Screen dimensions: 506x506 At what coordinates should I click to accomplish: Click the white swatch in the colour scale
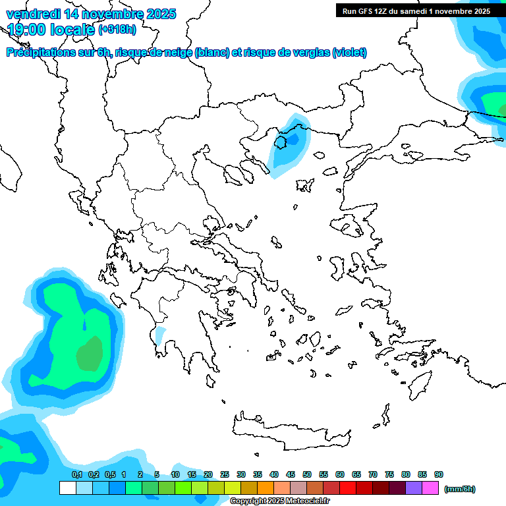click(68, 488)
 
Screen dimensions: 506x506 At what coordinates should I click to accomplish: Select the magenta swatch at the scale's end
click(430, 488)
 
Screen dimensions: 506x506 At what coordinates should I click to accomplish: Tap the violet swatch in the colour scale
click(414, 488)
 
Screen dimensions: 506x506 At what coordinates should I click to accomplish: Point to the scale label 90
click(439, 474)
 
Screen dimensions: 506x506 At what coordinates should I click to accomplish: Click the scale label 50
click(307, 474)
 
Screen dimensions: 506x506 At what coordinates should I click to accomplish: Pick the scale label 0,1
click(77, 474)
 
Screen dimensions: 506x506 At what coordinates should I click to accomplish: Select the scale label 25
click(225, 474)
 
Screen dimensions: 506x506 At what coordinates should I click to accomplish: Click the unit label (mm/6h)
click(459, 489)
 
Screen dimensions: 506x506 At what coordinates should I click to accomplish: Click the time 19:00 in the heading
click(29, 29)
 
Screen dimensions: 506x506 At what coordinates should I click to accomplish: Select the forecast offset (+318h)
click(117, 30)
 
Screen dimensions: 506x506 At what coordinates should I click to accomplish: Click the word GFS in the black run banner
click(364, 11)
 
